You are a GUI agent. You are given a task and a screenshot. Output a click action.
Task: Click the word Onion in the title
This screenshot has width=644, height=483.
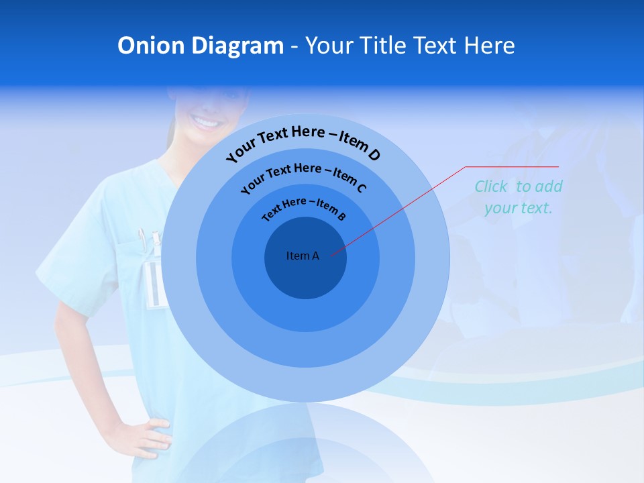click(151, 46)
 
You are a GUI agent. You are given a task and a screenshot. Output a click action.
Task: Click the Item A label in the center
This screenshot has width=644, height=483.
click(303, 256)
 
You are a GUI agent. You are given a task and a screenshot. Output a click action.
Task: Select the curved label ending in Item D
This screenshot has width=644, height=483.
click(303, 142)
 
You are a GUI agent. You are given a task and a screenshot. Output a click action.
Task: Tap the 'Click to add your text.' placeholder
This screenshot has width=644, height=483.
click(518, 197)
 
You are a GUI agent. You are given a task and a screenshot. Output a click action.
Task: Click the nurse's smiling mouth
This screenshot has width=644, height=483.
click(207, 122)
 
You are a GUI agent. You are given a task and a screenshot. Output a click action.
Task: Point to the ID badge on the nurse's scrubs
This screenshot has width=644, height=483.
click(155, 285)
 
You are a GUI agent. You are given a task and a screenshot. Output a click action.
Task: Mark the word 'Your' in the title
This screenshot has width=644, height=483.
click(331, 46)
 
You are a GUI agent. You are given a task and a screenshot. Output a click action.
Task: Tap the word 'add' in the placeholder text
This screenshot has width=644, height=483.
click(549, 186)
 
